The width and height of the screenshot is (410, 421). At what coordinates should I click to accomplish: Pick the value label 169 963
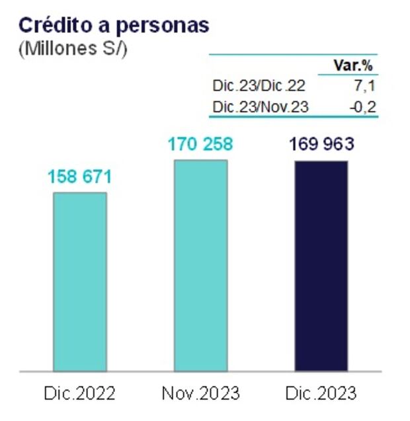321,145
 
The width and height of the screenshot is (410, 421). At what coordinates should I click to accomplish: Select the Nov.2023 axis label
200,394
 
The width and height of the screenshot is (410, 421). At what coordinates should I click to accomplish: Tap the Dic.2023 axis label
321,394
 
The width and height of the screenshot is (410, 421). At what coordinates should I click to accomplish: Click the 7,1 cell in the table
367,87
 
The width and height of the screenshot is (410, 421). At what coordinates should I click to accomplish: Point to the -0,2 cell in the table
363,106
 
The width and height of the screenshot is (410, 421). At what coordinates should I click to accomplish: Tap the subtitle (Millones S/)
71,49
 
